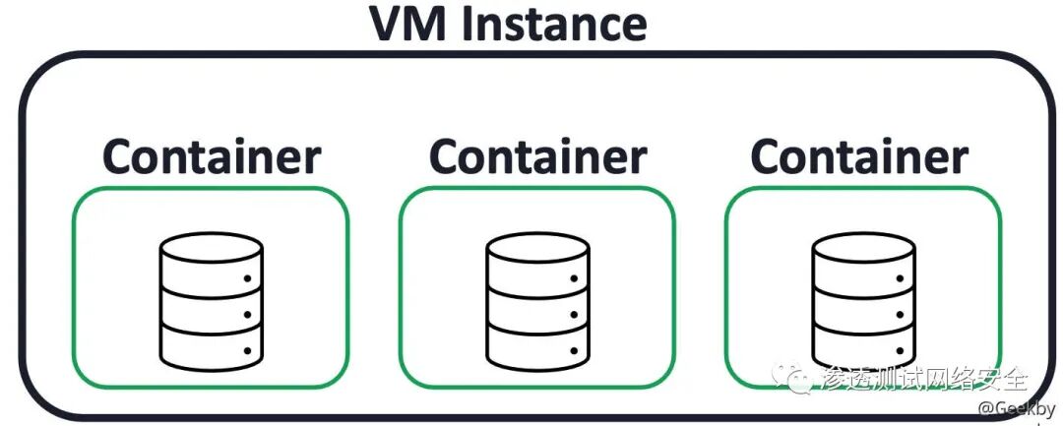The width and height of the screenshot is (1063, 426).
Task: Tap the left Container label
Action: pos(212,157)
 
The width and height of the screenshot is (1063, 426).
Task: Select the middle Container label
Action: pos(537,157)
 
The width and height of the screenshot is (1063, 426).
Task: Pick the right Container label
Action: pos(859,157)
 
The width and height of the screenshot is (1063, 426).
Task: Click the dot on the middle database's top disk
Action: pos(574,278)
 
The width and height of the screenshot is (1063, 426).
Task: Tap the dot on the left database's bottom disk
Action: pos(248,350)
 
